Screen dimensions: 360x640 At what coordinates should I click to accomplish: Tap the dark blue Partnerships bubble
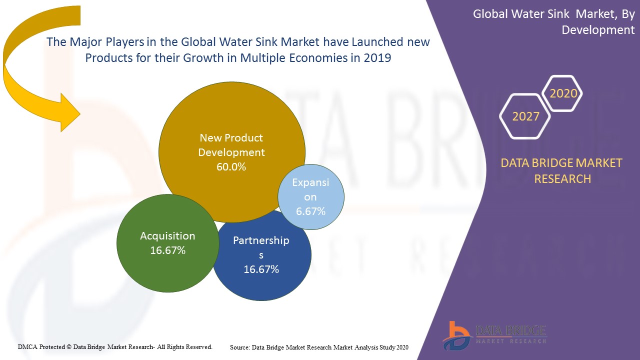pyautogui.click(x=262, y=275)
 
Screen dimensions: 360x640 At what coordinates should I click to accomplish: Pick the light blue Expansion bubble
pyautogui.click(x=311, y=197)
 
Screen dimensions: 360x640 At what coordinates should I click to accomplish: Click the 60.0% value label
pyautogui.click(x=231, y=167)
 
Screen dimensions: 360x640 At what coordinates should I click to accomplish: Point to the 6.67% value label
pyautogui.click(x=310, y=211)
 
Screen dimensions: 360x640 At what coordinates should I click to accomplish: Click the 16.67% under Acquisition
pyautogui.click(x=168, y=250)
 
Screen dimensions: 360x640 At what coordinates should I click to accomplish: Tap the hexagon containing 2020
pyautogui.click(x=563, y=93)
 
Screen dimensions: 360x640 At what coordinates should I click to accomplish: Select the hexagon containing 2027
pyautogui.click(x=525, y=116)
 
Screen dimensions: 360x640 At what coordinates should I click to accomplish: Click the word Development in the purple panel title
pyautogui.click(x=598, y=30)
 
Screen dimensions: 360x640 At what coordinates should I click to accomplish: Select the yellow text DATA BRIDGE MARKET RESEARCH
pyautogui.click(x=562, y=170)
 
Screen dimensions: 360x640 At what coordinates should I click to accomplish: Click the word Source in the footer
pyautogui.click(x=239, y=347)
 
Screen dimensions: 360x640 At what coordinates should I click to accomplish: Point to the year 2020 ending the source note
pyautogui.click(x=402, y=347)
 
